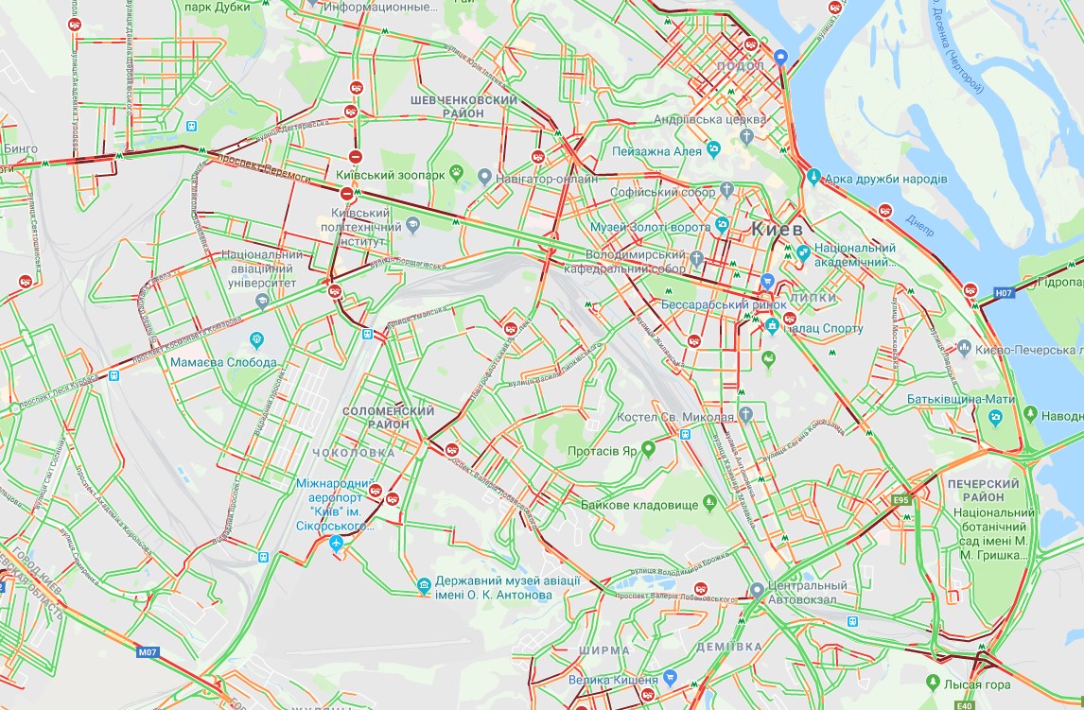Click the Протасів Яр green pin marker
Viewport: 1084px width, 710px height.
coord(648,448)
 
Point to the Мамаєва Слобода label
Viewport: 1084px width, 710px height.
coord(224,362)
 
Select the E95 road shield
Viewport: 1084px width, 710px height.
coord(900,500)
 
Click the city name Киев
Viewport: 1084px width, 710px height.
coord(777,230)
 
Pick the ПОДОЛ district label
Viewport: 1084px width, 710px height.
coord(741,65)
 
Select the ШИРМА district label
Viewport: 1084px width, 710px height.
coord(603,650)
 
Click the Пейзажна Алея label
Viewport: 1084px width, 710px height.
coord(657,150)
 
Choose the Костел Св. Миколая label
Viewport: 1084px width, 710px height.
coord(675,418)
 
